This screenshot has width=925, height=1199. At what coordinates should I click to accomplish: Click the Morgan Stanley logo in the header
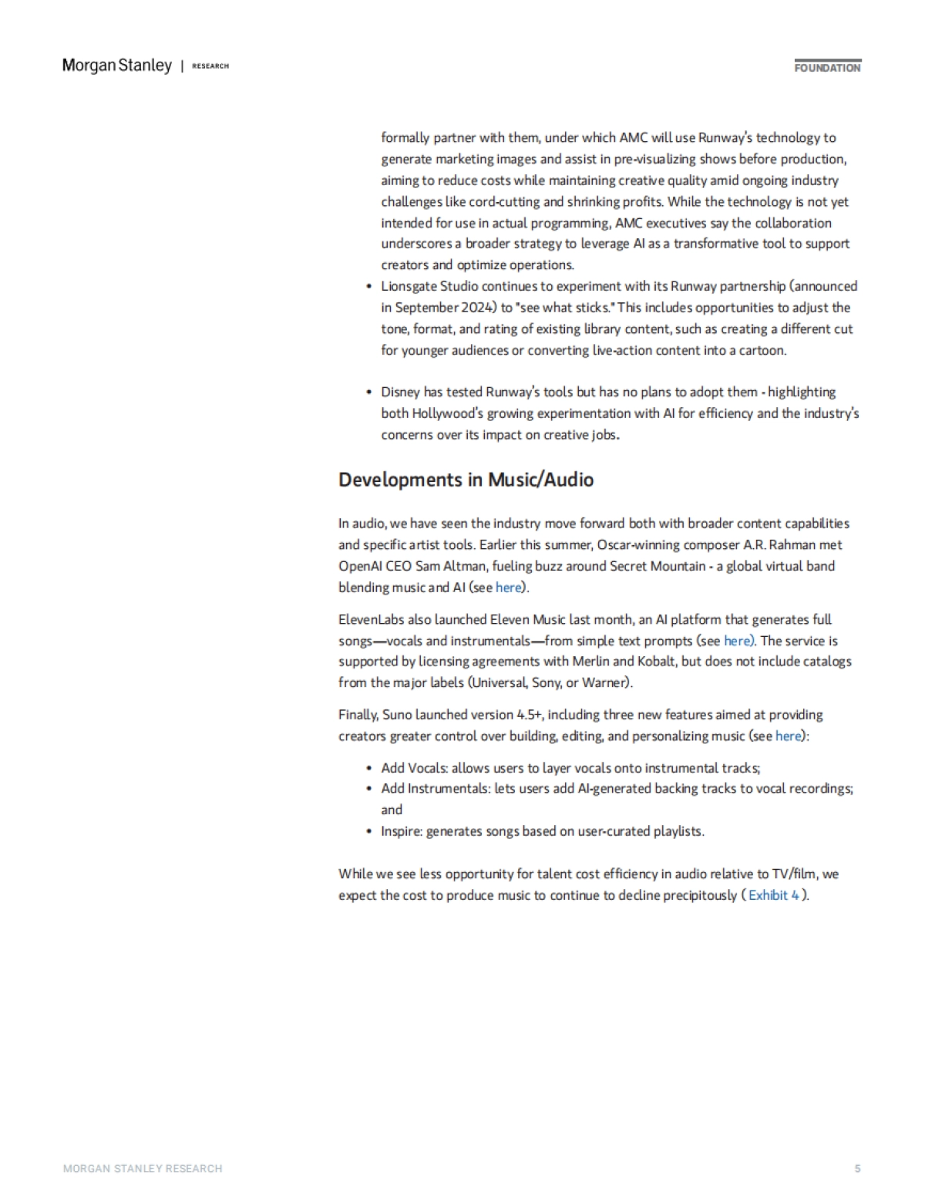116,66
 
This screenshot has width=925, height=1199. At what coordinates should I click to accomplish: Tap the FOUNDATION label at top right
827,68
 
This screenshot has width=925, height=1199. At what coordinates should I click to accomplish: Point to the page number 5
857,1169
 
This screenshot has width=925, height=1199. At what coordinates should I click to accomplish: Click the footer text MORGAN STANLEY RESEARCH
143,1169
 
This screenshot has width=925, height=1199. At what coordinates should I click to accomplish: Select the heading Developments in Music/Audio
466,480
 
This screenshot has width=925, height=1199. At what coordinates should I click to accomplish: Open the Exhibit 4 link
774,895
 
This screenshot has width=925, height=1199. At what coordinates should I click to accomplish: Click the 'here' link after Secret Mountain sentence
508,588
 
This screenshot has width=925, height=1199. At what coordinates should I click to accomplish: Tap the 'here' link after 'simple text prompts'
738,641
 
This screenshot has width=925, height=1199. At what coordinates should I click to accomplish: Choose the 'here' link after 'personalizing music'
788,736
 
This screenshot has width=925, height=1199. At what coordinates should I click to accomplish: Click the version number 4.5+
530,715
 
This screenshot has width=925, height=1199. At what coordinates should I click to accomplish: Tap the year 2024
478,308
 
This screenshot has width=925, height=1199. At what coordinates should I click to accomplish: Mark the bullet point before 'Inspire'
369,831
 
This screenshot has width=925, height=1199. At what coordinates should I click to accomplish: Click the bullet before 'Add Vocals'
369,768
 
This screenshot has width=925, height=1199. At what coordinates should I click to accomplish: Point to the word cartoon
761,350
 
